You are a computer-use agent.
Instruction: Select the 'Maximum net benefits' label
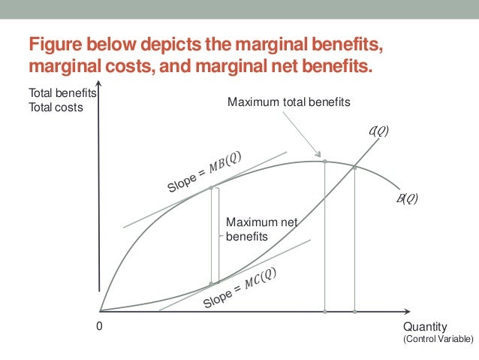pos(252,229)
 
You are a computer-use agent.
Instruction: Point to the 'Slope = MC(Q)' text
pos(239,287)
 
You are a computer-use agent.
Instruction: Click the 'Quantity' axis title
pos(425,327)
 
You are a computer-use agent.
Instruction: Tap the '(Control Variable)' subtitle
pos(438,340)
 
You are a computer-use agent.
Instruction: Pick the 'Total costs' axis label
pos(53,107)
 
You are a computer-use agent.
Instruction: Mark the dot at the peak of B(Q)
pos(324,161)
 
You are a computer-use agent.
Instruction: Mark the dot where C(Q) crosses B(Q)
pos(354,167)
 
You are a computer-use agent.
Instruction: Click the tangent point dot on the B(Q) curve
pos(211,187)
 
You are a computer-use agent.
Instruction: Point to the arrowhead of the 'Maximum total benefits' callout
pos(321,155)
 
